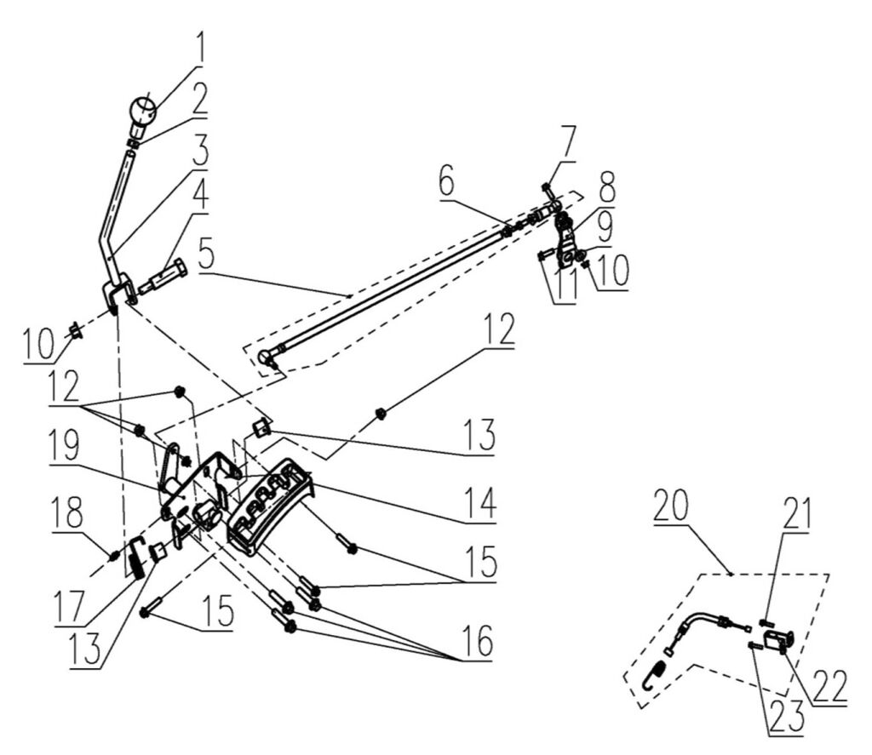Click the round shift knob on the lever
point(144,111)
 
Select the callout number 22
point(828,683)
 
